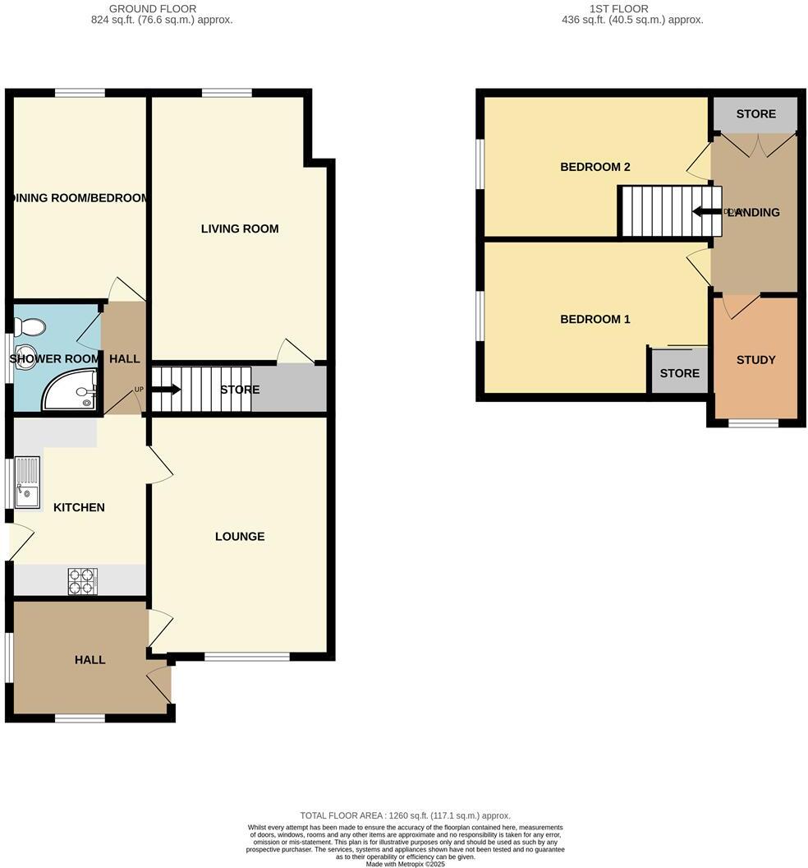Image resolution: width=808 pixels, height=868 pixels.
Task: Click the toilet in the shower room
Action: (x=30, y=327)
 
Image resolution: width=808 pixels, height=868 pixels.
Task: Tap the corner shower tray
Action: (x=69, y=391)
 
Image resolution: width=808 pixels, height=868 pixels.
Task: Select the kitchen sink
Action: (x=27, y=482)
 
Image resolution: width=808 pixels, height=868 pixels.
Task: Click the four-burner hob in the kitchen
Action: (x=82, y=581)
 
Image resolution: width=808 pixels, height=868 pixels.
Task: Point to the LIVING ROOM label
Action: (x=240, y=229)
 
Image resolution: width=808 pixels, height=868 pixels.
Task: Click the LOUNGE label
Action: (x=240, y=537)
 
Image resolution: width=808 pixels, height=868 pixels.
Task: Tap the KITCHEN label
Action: (x=79, y=507)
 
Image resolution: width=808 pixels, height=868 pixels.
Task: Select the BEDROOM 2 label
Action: (x=595, y=167)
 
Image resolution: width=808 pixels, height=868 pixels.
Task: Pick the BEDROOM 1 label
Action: (x=595, y=319)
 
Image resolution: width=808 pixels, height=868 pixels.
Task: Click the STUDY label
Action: (x=755, y=360)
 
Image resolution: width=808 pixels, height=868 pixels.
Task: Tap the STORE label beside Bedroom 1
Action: (x=679, y=373)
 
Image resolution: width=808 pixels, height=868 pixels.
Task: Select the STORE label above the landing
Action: (x=755, y=114)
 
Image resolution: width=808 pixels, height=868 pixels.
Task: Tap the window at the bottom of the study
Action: (x=754, y=423)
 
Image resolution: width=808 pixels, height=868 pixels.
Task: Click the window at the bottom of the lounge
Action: (x=246, y=656)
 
